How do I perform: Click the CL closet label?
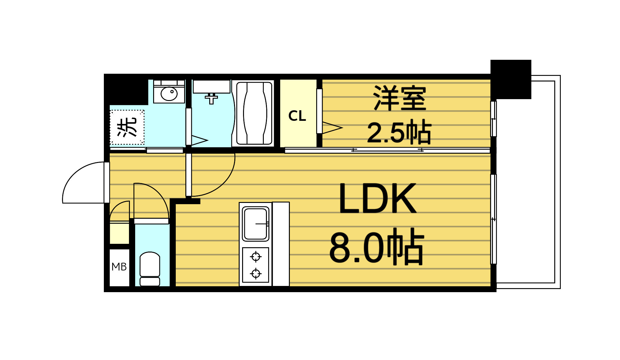tap(297, 116)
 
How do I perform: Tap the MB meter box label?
tap(119, 267)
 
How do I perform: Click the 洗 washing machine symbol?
tap(127, 127)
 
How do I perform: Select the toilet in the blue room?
tap(150, 268)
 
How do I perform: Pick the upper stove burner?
tap(256, 257)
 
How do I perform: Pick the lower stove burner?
tap(256, 274)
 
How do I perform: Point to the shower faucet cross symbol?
tap(211, 99)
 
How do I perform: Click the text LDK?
tap(377, 198)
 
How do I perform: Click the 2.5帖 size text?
tap(399, 133)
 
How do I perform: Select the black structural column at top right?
tap(511, 79)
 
